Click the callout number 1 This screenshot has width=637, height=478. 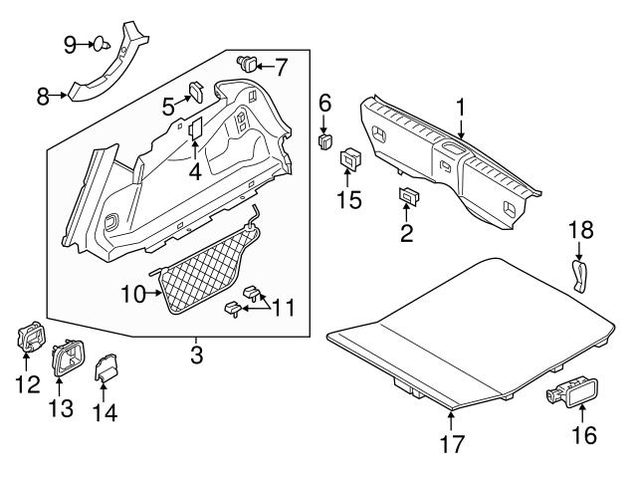tap(461, 107)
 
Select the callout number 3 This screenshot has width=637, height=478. tap(197, 354)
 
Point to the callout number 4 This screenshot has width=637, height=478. tap(195, 171)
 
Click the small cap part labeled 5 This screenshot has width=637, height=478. tap(198, 91)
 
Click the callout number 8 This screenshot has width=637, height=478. tap(43, 97)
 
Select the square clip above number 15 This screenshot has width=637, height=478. tap(350, 160)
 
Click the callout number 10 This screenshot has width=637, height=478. tap(131, 294)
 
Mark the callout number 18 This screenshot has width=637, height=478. tap(580, 230)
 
